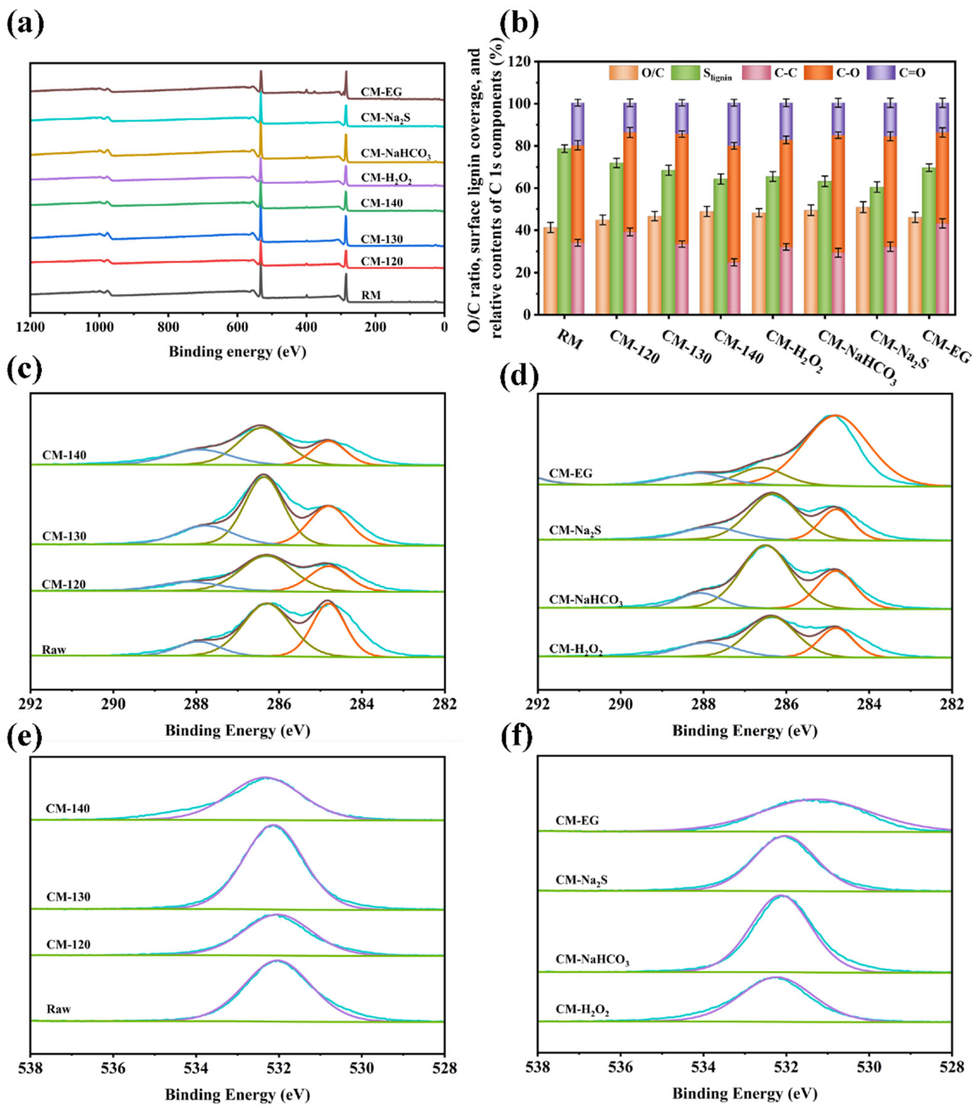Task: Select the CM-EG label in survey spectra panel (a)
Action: (x=382, y=92)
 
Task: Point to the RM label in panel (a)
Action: (x=371, y=295)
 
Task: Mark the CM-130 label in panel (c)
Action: (x=64, y=536)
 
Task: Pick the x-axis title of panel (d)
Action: (x=744, y=730)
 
